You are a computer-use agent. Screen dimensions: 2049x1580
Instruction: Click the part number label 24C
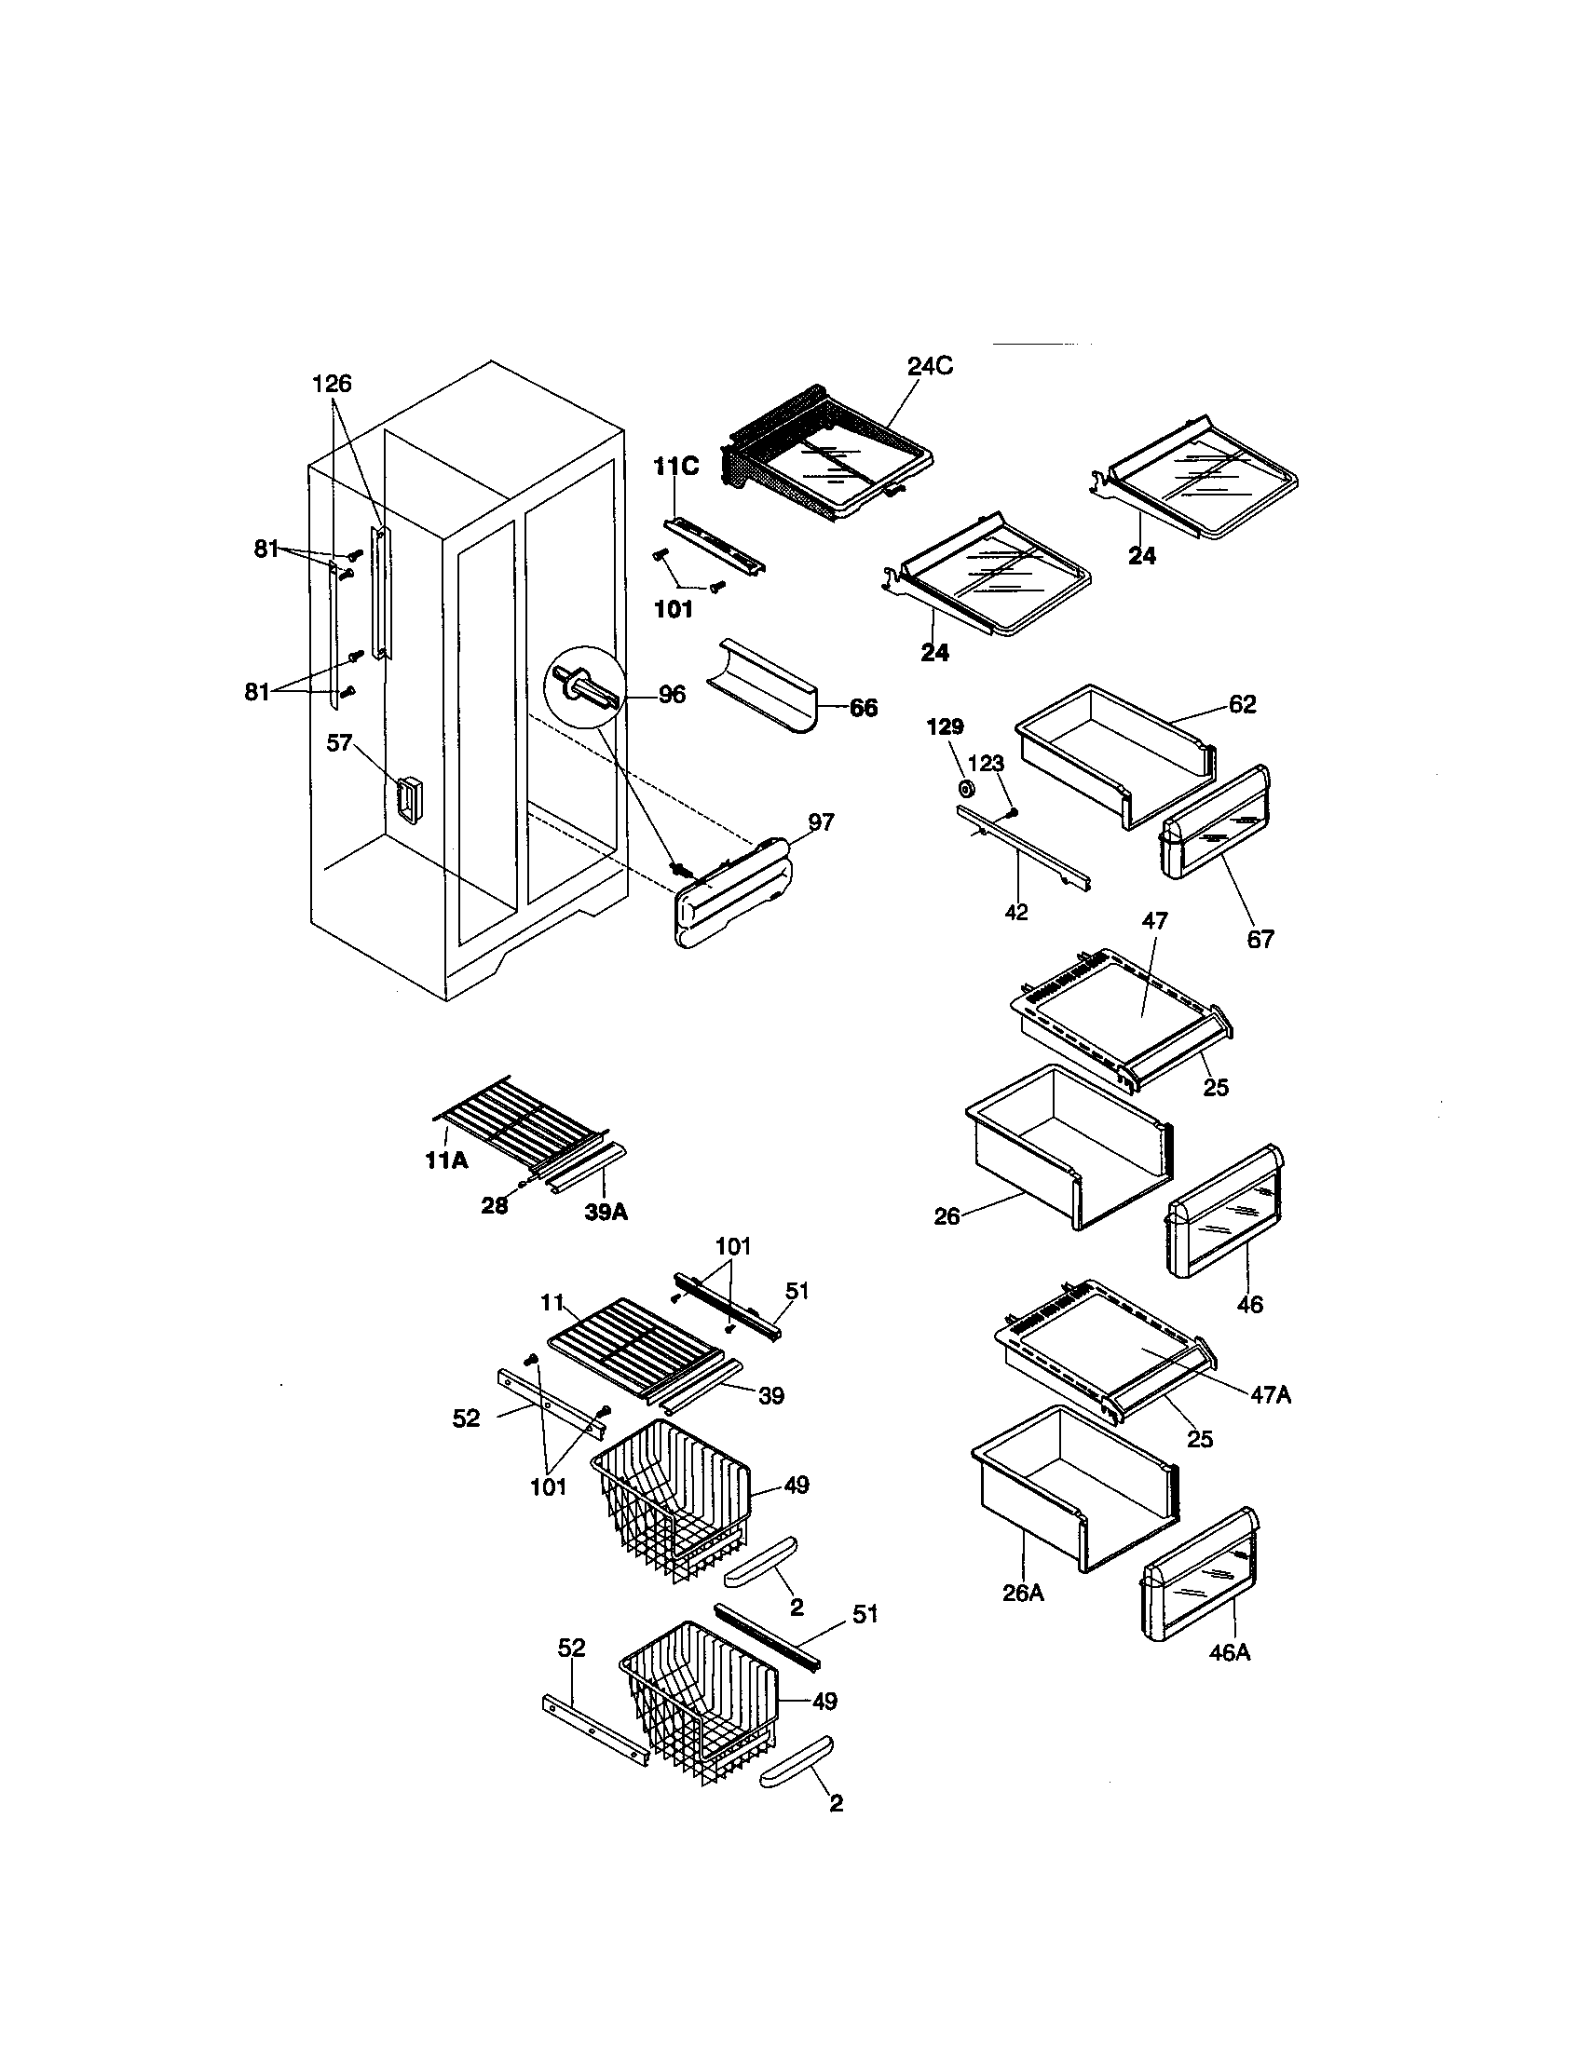click(x=929, y=367)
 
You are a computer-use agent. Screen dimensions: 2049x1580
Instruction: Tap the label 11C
click(x=675, y=467)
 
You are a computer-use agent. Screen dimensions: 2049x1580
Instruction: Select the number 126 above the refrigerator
click(x=332, y=383)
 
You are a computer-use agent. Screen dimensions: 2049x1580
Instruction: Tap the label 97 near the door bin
click(x=821, y=822)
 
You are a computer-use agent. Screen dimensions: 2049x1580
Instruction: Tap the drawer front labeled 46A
click(x=1198, y=1575)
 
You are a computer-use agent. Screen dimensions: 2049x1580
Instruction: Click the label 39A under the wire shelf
click(x=606, y=1211)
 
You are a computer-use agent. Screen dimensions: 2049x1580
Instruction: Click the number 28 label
click(x=494, y=1206)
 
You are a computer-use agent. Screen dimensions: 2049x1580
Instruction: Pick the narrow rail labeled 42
click(x=1023, y=848)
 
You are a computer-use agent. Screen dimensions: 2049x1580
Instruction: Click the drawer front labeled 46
click(x=1224, y=1211)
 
